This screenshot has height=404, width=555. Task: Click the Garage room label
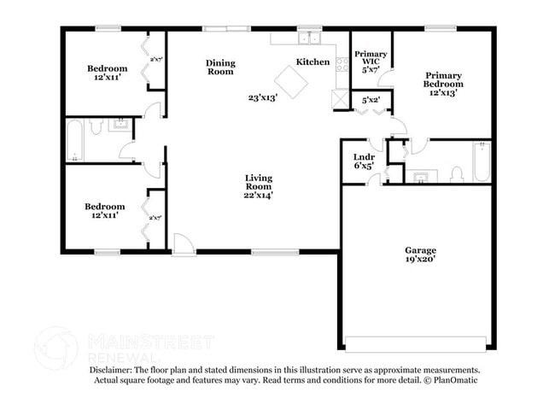pos(420,250)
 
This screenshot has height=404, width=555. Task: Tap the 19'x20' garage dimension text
pos(420,260)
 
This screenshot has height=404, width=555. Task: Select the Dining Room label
pos(221,67)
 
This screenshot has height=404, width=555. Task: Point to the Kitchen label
pos(313,62)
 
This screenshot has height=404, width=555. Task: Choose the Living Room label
pos(257,182)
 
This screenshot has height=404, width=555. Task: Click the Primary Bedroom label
pos(444,79)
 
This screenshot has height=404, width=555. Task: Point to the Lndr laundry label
pos(364,157)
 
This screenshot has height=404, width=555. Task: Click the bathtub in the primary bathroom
pos(481,161)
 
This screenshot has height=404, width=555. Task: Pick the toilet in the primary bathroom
pos(457,174)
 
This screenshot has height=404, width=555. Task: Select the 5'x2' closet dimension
pos(371,101)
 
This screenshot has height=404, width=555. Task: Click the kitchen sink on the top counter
pos(308,38)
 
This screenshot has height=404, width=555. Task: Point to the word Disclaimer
pos(115,370)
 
